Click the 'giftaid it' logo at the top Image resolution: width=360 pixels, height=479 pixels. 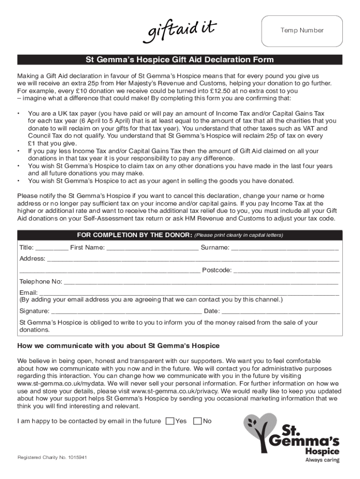tap(182, 30)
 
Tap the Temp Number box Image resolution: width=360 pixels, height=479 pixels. tap(302, 30)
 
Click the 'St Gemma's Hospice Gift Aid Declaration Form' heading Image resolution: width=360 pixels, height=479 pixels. tap(180, 60)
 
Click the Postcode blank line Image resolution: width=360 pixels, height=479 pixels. tap(286, 271)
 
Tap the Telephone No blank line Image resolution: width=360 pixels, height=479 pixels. tap(201, 283)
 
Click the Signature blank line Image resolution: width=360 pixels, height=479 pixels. tap(126, 312)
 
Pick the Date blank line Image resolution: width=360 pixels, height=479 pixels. tap(281, 312)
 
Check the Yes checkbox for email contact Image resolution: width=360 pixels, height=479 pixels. tap(170, 421)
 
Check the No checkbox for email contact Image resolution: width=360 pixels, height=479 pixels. tap(197, 421)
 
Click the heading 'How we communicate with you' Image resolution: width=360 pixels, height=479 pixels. tap(118, 346)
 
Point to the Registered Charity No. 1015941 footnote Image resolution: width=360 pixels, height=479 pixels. tap(52, 457)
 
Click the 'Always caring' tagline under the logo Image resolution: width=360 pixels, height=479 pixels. tap(322, 460)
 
